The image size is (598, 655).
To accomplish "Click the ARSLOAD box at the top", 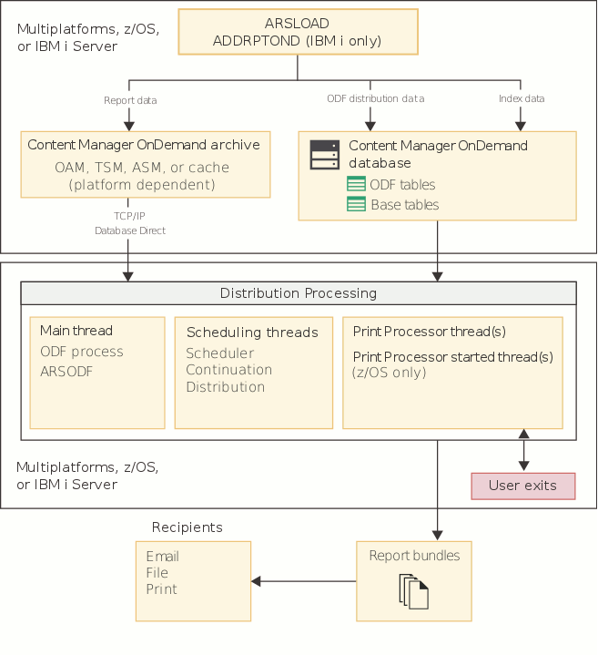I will tap(297, 32).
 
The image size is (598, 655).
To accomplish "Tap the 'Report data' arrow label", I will tap(130, 99).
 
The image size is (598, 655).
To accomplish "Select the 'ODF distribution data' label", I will tap(375, 98).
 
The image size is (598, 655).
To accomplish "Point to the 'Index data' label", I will tap(522, 98).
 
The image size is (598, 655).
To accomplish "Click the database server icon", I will tap(324, 155).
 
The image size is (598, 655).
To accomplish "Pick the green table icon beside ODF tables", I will tap(356, 185).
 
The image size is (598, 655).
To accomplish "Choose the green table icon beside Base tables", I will tap(356, 205).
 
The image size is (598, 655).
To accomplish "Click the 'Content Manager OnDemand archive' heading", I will tap(144, 145).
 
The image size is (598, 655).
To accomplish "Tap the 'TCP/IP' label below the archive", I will tap(130, 216).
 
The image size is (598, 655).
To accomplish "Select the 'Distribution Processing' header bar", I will tap(299, 293).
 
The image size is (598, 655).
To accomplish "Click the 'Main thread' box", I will tap(97, 372).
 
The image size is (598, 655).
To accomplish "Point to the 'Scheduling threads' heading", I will tap(252, 333).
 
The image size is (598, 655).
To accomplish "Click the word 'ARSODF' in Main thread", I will tap(66, 371).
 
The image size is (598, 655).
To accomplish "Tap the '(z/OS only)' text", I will tap(389, 373).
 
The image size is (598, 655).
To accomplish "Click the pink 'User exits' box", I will tap(522, 486).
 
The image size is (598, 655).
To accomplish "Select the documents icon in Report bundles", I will tap(413, 591).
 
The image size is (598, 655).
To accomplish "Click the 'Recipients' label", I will tap(187, 527).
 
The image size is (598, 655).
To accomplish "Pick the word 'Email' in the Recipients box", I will tap(162, 557).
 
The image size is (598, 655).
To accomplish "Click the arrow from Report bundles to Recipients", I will tap(303, 581).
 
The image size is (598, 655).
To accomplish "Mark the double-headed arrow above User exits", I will tap(522, 450).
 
